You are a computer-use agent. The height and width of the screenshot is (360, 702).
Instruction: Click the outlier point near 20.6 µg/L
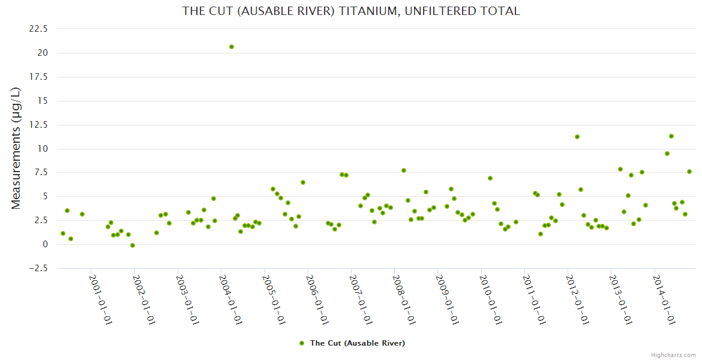(x=232, y=47)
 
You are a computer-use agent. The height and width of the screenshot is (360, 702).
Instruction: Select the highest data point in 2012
(x=577, y=137)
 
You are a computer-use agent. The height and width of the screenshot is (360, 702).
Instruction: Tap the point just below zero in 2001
(x=133, y=245)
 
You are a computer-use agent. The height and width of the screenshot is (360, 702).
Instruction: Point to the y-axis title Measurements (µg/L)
(x=16, y=148)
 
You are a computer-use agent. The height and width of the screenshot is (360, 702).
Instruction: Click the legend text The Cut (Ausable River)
(x=357, y=343)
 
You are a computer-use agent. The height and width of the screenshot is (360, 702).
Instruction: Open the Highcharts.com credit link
(x=673, y=355)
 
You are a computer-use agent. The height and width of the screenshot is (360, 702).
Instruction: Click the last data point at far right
(x=689, y=172)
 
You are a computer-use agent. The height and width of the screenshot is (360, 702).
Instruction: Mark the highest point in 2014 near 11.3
(x=671, y=136)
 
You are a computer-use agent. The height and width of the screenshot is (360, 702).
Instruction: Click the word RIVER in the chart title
(x=312, y=11)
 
